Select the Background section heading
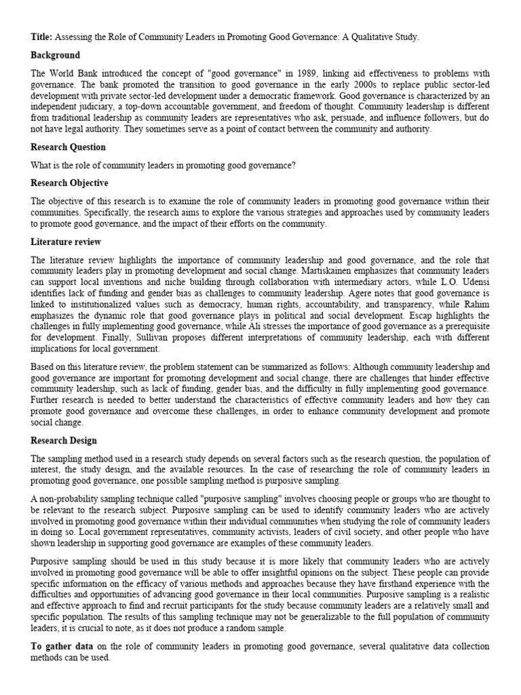(55, 55)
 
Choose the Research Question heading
(68, 147)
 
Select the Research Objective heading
(69, 183)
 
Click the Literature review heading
(66, 242)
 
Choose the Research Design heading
(64, 440)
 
